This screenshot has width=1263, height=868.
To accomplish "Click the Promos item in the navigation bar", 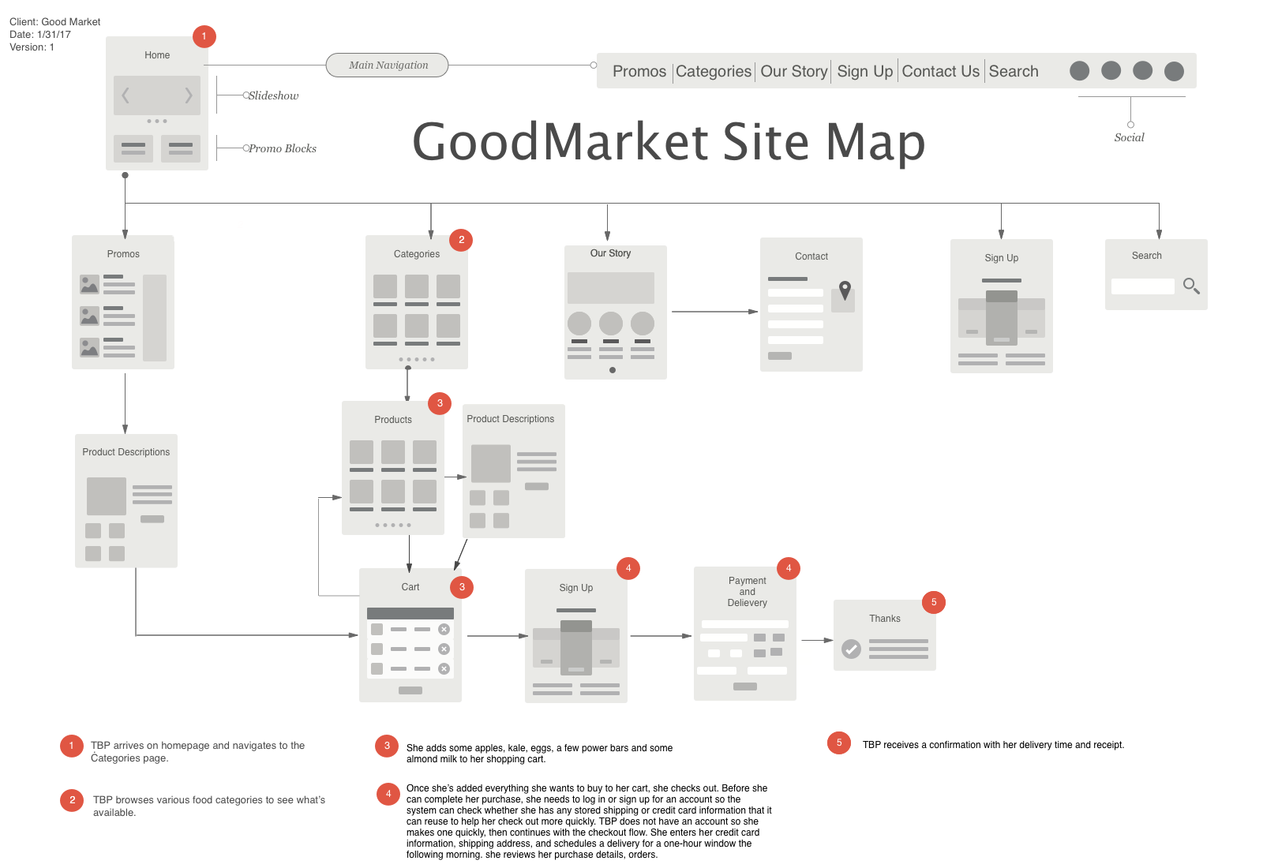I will coord(639,71).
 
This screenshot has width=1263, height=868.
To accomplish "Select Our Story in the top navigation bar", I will coord(793,71).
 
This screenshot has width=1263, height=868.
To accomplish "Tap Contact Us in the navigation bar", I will coord(940,71).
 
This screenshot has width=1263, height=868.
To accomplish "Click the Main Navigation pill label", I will coord(388,65).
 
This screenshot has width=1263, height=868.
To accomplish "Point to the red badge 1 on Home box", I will coord(204,36).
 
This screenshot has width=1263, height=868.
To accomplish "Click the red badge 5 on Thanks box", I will coord(933,602).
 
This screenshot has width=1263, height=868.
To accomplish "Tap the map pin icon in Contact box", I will coord(845,290).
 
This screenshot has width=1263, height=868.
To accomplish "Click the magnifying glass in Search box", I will coord(1191,286).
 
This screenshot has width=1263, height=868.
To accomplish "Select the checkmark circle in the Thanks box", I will coord(851,649).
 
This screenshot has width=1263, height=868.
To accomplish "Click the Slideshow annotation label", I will coord(274,95).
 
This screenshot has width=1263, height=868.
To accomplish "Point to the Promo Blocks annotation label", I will coord(283,148).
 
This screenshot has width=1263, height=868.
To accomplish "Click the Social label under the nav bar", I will coord(1129,137).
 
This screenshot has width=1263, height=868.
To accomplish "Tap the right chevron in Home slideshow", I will coord(188,95).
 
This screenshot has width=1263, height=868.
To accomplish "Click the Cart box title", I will coord(410,587).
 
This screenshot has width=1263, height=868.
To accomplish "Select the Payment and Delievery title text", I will coord(747,592).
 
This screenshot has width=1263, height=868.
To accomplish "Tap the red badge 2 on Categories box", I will coord(461,240).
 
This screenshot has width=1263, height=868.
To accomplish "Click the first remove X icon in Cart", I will coord(444,629).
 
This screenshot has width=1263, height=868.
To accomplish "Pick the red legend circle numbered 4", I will coord(388,794).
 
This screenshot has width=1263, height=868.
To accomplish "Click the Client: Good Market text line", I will coord(54,22).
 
